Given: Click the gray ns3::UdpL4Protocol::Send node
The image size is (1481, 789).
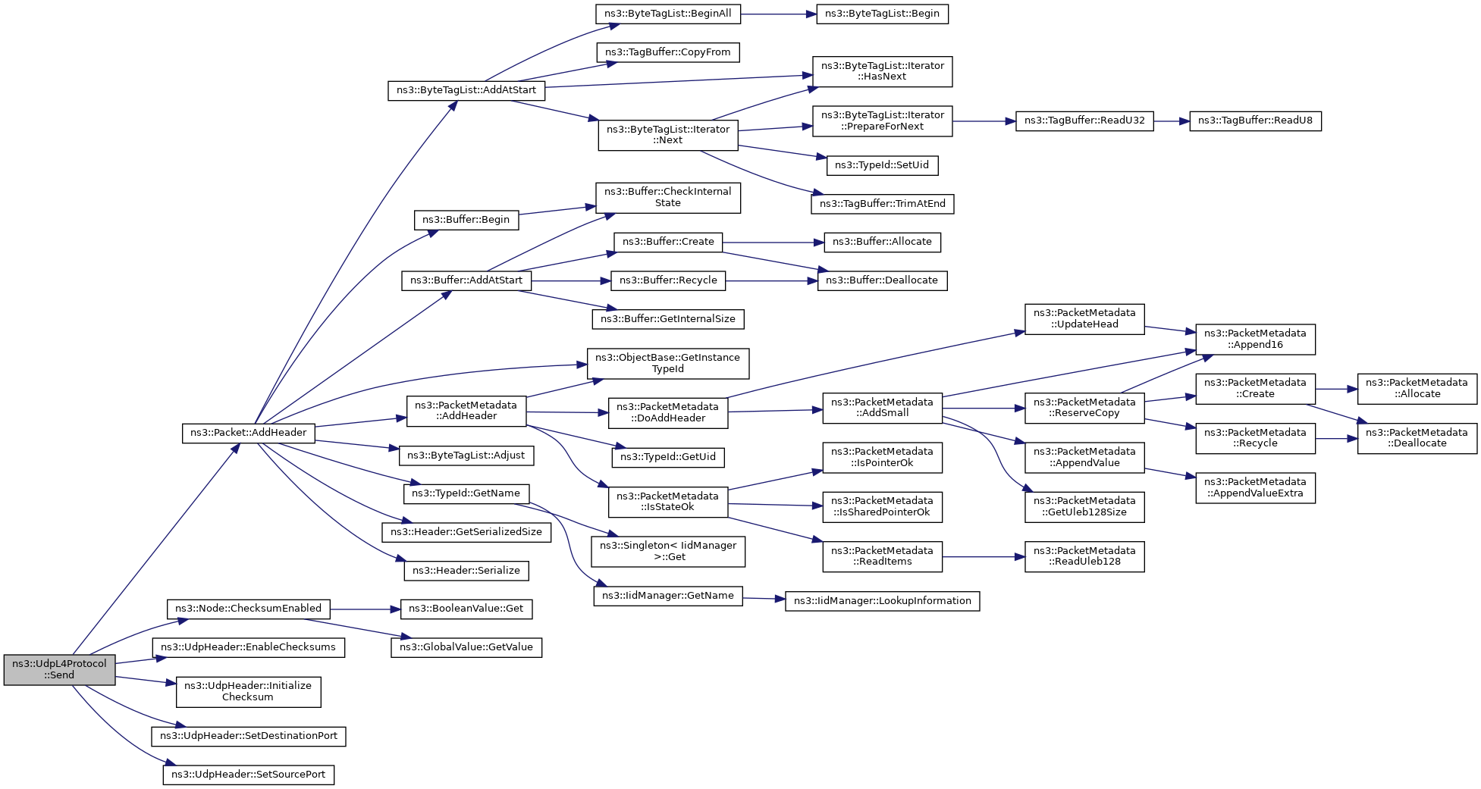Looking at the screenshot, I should tap(59, 669).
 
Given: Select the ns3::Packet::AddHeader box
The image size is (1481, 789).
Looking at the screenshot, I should tap(248, 433).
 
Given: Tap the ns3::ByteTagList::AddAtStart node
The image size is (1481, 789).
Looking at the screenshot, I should tap(466, 90).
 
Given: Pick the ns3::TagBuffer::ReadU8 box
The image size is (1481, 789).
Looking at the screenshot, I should tap(1255, 121).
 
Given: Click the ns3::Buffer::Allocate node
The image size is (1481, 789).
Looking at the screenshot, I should tap(882, 242).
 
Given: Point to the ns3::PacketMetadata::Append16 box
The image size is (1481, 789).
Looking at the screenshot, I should tap(1255, 339).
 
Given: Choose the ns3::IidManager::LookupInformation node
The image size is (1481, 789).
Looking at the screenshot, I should tap(882, 601).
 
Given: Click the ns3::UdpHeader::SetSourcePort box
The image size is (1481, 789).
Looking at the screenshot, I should tap(248, 775).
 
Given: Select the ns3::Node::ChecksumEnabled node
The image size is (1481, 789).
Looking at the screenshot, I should tap(248, 609).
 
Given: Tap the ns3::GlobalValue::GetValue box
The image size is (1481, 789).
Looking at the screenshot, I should tap(466, 647).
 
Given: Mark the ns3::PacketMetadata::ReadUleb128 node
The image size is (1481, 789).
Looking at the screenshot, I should tap(1084, 556).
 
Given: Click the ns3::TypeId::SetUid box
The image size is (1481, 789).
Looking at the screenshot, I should tap(882, 165).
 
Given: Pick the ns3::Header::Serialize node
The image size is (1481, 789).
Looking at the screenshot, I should tap(466, 571).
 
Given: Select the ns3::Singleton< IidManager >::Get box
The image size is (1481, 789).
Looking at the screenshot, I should tap(668, 551).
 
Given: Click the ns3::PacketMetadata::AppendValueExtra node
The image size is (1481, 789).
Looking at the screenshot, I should tap(1255, 487).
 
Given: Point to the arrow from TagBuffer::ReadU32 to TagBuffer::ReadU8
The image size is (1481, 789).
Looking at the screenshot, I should tap(1172, 121).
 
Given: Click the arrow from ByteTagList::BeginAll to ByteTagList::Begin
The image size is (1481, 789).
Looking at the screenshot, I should tap(778, 14).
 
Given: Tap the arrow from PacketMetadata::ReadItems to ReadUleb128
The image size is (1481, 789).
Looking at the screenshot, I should tap(984, 556).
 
